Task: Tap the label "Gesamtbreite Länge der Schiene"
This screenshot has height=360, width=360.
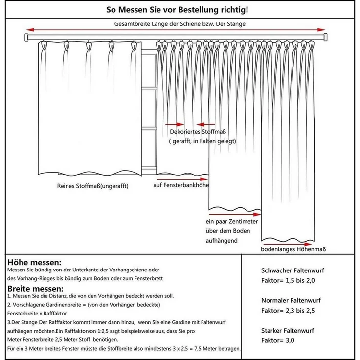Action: [180, 23]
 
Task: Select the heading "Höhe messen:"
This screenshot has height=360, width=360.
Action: [34, 263]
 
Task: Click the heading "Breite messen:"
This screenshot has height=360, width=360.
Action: [35, 288]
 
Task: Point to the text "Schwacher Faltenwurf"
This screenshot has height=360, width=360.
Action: [292, 270]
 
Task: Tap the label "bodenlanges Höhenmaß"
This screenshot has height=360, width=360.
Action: [293, 249]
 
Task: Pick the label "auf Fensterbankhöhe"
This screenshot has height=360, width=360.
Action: [181, 185]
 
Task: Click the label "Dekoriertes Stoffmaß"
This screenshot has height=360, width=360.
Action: [201, 132]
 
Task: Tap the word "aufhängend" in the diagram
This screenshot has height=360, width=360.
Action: [222, 241]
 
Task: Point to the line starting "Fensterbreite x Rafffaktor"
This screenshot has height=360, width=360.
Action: [37, 313]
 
